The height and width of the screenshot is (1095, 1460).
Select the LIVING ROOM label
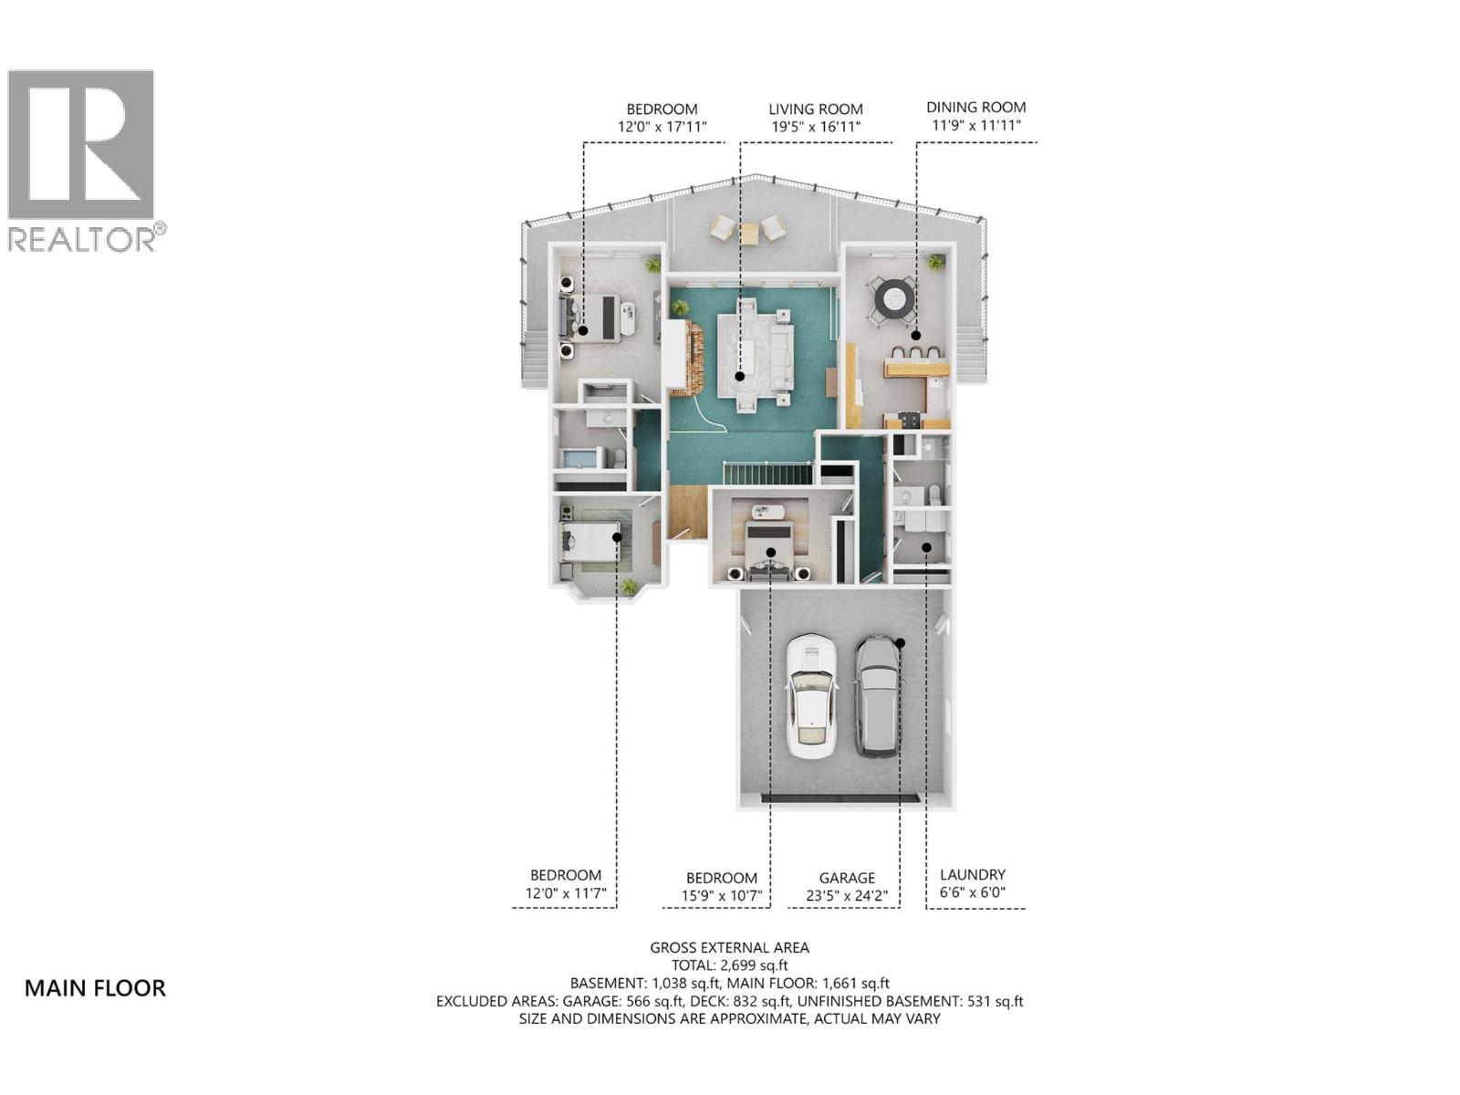tap(815, 109)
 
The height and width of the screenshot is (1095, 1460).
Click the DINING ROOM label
tap(975, 108)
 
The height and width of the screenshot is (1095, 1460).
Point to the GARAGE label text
tap(847, 878)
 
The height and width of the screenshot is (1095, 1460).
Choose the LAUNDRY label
tap(972, 874)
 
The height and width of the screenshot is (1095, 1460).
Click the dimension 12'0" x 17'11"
tap(662, 128)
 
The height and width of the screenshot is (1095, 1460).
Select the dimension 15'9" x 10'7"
tap(722, 896)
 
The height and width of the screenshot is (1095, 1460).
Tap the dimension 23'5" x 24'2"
tap(847, 896)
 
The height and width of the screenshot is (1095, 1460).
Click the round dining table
tap(894, 297)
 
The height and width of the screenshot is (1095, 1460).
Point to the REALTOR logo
tap(82, 160)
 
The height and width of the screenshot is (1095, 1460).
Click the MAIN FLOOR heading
tap(95, 988)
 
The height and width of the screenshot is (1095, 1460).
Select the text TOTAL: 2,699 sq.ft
tap(729, 965)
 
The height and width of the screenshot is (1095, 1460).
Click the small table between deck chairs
tap(748, 234)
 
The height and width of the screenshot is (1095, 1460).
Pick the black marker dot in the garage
tap(900, 643)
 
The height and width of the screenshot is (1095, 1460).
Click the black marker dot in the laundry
tap(926, 547)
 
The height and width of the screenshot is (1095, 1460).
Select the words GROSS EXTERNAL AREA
tap(729, 947)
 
